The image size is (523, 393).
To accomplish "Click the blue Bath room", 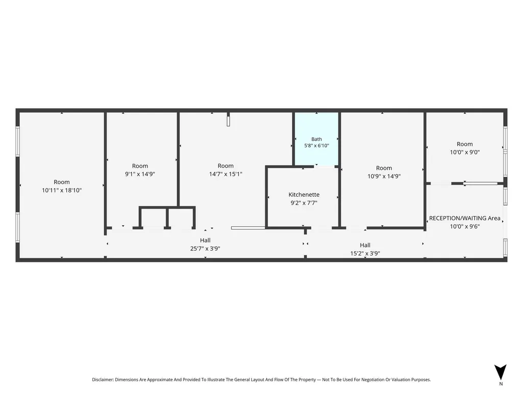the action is (x=316, y=138).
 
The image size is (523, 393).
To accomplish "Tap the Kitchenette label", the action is (x=304, y=195).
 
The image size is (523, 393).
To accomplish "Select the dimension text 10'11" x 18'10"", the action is (x=62, y=190).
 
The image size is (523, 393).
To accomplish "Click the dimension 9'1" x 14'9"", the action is (x=140, y=174).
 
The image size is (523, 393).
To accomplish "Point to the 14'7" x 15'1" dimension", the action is (x=226, y=174).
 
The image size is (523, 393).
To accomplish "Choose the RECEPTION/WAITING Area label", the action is (x=465, y=218).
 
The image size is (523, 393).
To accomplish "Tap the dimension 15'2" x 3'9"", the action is (x=365, y=253).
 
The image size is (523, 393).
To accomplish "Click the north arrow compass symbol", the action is (x=501, y=372).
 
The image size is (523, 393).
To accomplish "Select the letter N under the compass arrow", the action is (x=501, y=384).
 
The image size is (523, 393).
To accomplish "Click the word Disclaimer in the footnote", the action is (x=103, y=380).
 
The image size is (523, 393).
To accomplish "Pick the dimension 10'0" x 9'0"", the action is (x=465, y=152).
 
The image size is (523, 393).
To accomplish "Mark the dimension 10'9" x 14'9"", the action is (x=384, y=176).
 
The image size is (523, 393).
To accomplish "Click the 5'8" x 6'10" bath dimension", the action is (x=316, y=145).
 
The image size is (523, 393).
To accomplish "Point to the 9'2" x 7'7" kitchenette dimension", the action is (x=304, y=202).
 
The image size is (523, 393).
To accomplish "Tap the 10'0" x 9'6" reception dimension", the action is (x=465, y=226).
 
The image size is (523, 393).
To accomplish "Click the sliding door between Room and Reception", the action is (x=480, y=183).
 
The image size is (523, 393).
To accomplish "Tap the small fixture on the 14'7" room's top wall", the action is (x=228, y=119).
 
